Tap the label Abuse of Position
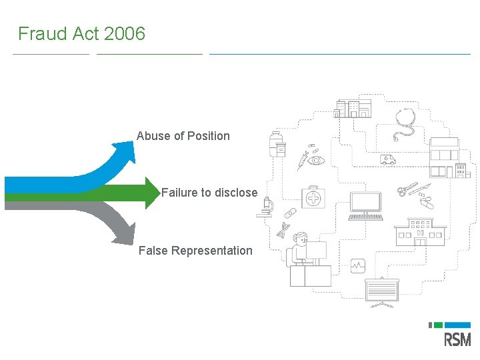pos(183,136)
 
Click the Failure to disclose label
pos(209,193)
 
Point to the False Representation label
pos(195,251)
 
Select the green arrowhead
pos(152,193)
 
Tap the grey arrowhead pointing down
pos(125,233)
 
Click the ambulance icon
pos(387,159)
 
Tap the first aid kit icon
pos(313,198)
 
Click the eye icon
pos(317,161)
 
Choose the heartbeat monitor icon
pos(358,265)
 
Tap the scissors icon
pos(407,189)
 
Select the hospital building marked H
pos(420,232)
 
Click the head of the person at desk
pos(301,238)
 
